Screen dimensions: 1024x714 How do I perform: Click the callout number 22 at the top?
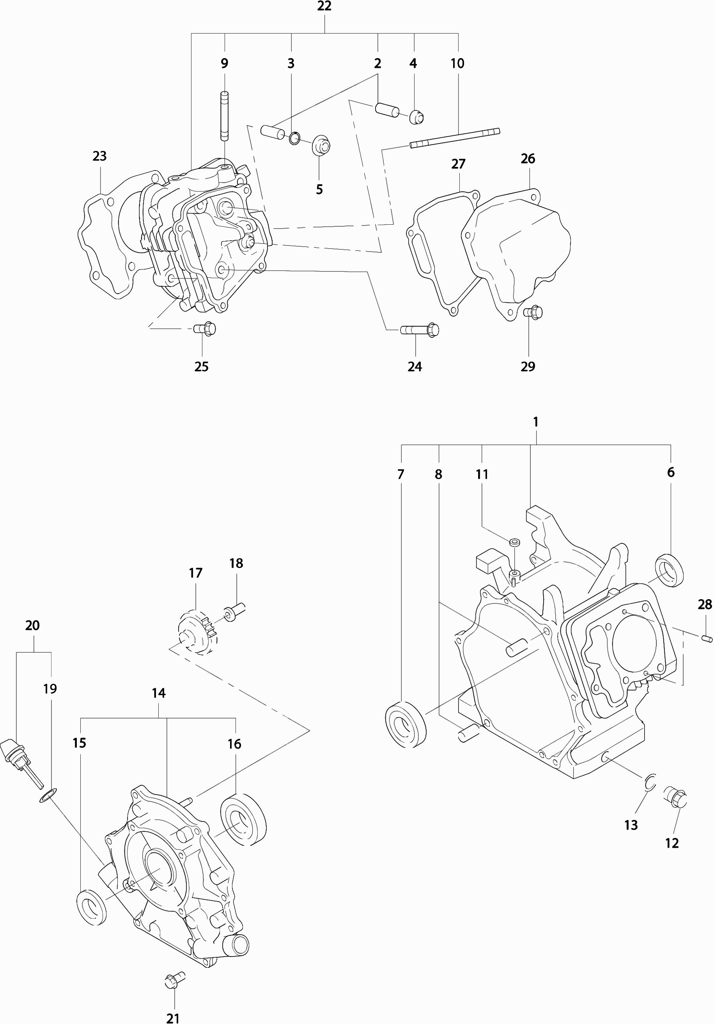[x=324, y=6]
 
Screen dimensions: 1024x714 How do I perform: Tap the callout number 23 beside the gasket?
[x=99, y=156]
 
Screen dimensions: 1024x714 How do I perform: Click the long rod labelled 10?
[x=455, y=138]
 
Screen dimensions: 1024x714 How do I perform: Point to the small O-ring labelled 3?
[x=294, y=138]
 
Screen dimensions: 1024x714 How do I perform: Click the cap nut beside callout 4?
[x=416, y=117]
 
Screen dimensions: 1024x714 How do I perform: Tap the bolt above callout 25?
[x=205, y=329]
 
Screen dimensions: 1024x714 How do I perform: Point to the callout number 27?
[x=458, y=164]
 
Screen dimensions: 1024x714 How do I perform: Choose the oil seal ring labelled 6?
[x=669, y=570]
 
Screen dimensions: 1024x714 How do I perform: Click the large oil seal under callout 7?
[x=405, y=724]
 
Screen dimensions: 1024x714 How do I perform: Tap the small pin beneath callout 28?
[x=707, y=639]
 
